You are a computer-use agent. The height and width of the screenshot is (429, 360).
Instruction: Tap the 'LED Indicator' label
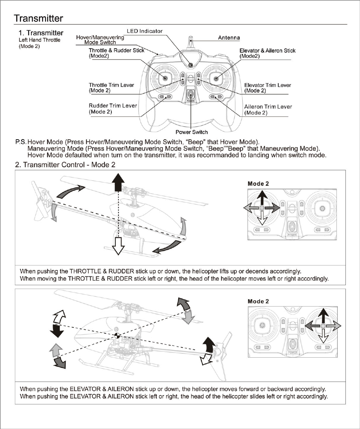pyautogui.click(x=144, y=31)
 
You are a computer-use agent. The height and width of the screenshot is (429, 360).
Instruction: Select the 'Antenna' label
pyautogui.click(x=229, y=38)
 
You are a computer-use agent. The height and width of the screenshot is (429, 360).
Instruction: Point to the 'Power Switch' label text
pyautogui.click(x=192, y=132)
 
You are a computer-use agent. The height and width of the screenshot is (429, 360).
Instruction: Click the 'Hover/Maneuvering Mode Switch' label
pyautogui.click(x=100, y=40)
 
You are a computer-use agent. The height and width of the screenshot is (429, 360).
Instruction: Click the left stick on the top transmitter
pyautogui.click(x=165, y=78)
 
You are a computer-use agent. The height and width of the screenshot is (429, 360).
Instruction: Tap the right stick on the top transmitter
pyautogui.click(x=216, y=78)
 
